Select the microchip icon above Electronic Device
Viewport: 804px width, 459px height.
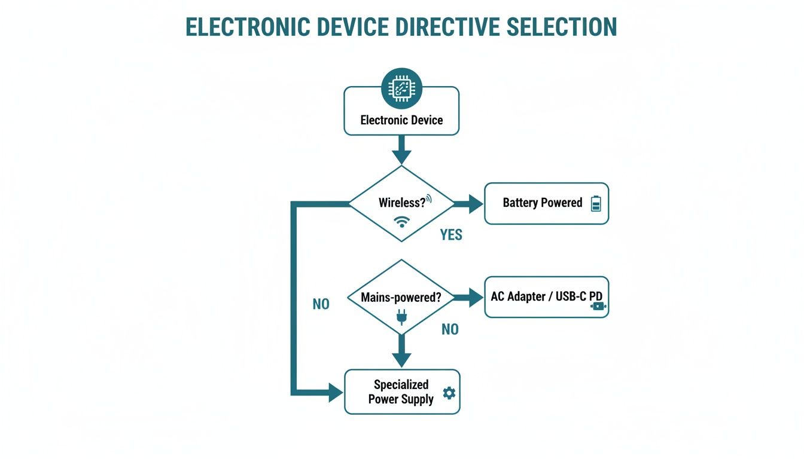pyautogui.click(x=401, y=88)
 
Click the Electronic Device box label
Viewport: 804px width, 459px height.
pyautogui.click(x=401, y=120)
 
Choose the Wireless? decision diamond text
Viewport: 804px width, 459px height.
pyautogui.click(x=401, y=203)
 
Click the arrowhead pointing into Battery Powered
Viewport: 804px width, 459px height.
pyautogui.click(x=475, y=203)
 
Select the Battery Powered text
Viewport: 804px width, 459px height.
pyautogui.click(x=542, y=203)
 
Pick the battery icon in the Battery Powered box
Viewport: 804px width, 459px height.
pyautogui.click(x=595, y=204)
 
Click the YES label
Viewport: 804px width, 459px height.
pyautogui.click(x=451, y=235)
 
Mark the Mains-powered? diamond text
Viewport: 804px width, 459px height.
pyautogui.click(x=401, y=297)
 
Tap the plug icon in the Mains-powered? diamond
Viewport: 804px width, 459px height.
pyautogui.click(x=401, y=316)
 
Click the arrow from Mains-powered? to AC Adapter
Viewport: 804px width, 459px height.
pyautogui.click(x=469, y=297)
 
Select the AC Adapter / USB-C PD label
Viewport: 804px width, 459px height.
pyautogui.click(x=546, y=296)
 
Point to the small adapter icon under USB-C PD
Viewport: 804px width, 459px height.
pyautogui.click(x=598, y=307)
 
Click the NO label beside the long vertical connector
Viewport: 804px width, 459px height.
pyautogui.click(x=321, y=304)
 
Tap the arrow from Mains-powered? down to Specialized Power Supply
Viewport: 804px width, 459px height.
pyautogui.click(x=401, y=352)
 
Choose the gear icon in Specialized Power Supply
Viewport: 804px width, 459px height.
pyautogui.click(x=449, y=393)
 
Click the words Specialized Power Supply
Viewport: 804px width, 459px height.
pyautogui.click(x=401, y=392)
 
